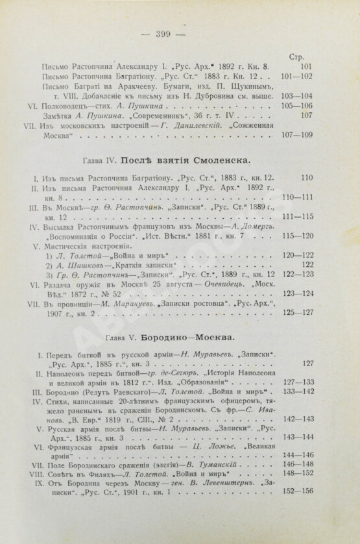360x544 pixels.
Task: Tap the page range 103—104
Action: click(x=302, y=94)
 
